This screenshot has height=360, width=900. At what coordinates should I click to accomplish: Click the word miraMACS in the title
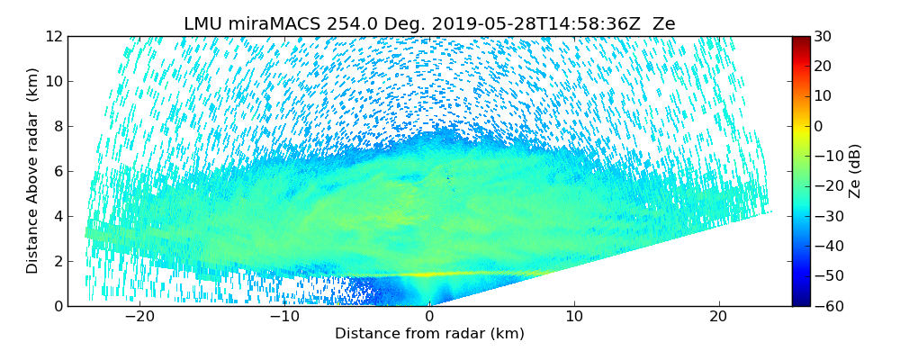pos(265,24)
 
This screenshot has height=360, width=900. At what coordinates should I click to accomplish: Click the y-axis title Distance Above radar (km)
pos(33,171)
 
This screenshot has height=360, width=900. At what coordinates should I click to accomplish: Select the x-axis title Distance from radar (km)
pos(429,334)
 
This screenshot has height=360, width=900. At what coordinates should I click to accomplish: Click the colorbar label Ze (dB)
pos(855,171)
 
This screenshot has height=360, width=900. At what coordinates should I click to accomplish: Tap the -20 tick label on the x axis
pos(139,317)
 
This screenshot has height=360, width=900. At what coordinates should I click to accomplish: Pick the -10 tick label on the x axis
pos(284,317)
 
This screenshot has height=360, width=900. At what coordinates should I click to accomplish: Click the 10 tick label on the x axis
pos(574,317)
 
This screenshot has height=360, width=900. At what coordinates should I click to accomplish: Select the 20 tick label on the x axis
pos(719,317)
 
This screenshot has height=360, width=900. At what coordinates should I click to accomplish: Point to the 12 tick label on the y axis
pos(53,36)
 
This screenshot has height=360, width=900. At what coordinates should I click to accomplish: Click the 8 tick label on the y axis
pos(57,126)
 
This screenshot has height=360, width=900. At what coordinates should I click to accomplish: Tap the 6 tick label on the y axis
pos(57,171)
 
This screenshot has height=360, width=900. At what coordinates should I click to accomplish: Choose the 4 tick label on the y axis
pos(57,216)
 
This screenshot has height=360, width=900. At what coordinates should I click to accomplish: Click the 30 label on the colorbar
pos(823,36)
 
